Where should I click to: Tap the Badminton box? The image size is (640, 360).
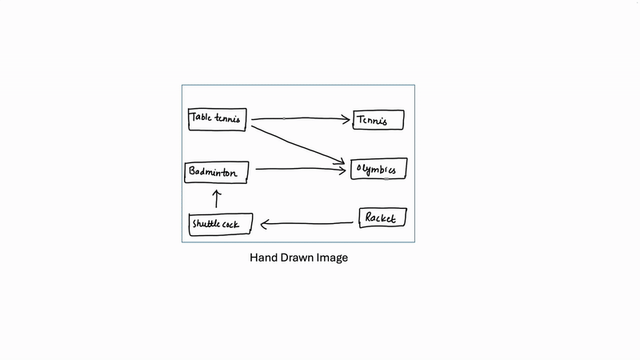pyautogui.click(x=216, y=171)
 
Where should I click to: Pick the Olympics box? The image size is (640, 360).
pyautogui.click(x=378, y=169)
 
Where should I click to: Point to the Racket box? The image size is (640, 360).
pyautogui.click(x=382, y=217)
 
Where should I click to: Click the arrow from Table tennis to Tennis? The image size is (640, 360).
pyautogui.click(x=300, y=118)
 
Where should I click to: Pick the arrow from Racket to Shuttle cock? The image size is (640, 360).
pyautogui.click(x=308, y=223)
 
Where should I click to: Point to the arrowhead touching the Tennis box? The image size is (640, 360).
pyautogui.click(x=346, y=119)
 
